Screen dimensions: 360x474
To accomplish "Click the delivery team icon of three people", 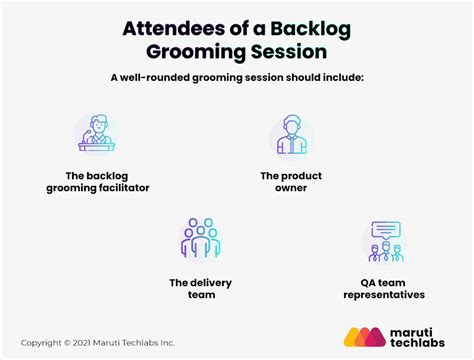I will click(x=200, y=240).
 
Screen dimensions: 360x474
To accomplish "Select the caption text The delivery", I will click(x=200, y=282).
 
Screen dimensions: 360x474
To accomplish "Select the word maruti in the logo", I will click(x=414, y=332).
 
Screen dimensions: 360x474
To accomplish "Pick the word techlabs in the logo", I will click(x=422, y=347).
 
